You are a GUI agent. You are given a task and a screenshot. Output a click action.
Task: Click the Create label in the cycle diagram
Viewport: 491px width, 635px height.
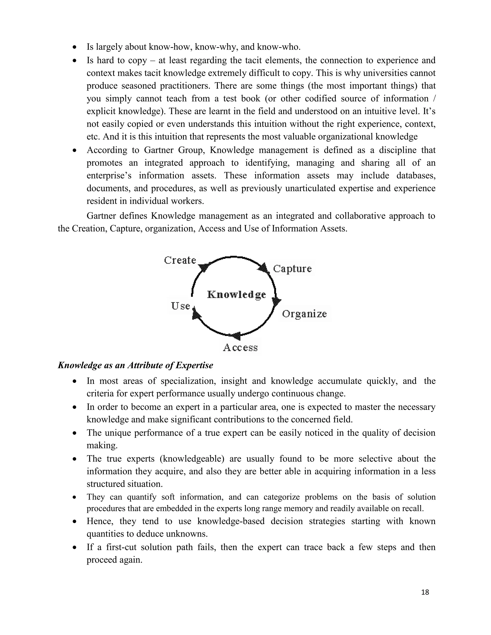180,260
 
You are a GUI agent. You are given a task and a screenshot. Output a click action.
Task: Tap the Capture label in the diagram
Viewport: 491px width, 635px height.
292,268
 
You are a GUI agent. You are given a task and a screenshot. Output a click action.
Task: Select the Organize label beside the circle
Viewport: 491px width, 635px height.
304,314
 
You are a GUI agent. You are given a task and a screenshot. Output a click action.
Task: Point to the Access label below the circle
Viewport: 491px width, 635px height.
240,348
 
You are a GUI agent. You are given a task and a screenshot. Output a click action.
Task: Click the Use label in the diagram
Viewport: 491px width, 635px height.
180,306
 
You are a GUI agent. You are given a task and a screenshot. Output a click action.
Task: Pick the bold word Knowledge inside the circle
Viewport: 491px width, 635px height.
236,294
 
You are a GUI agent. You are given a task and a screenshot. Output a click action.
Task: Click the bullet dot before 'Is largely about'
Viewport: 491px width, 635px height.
75,47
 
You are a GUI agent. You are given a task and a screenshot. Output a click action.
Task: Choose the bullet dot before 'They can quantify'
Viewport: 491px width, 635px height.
75,497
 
